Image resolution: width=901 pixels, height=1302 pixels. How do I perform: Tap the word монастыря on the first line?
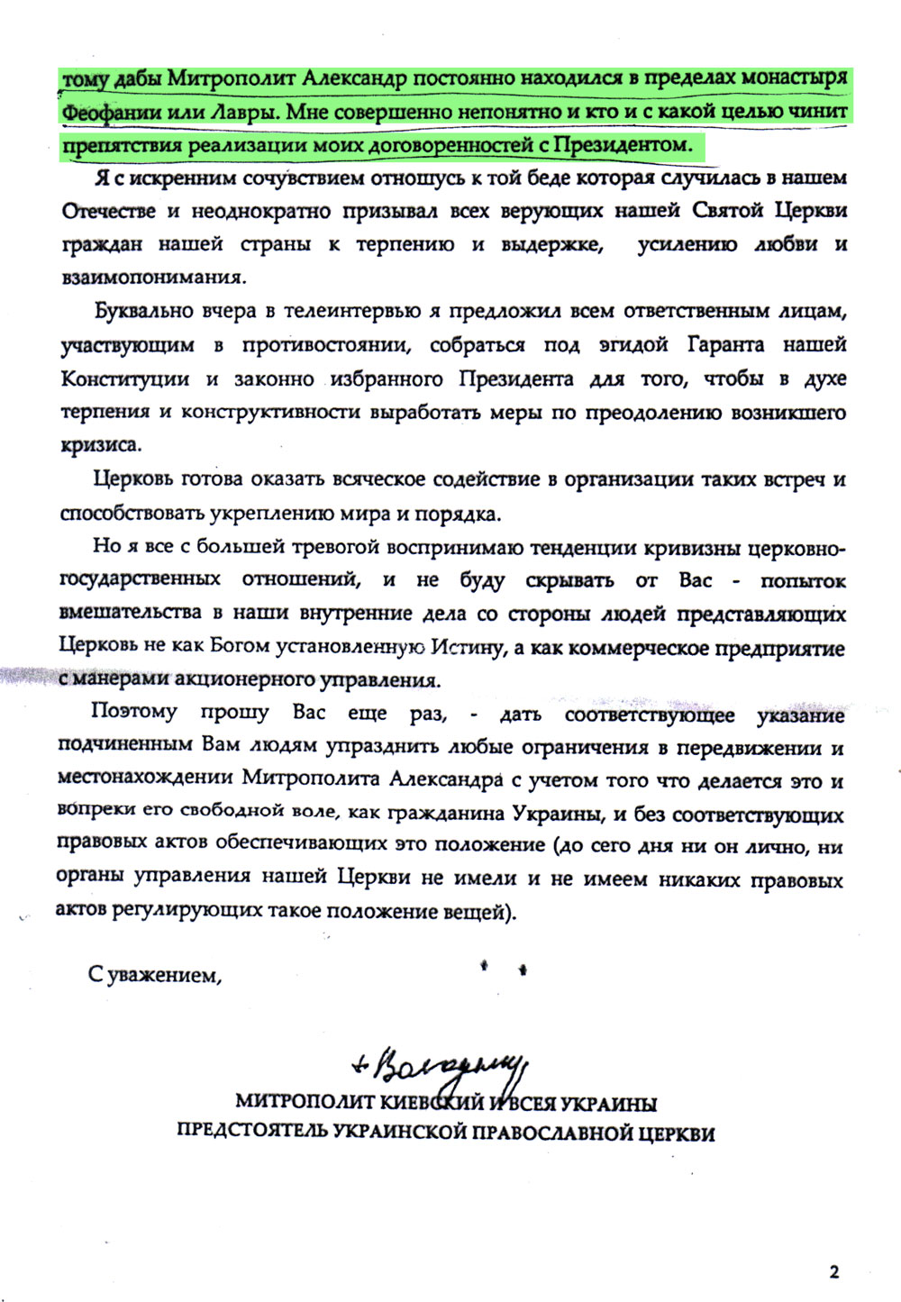[794, 78]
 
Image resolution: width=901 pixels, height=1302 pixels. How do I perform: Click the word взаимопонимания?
[152, 278]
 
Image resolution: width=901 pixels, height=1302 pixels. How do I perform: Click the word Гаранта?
[726, 345]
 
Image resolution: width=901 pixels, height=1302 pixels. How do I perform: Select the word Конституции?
[125, 378]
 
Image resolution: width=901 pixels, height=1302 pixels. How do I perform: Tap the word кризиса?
[100, 446]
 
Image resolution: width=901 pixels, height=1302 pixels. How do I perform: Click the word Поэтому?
[134, 712]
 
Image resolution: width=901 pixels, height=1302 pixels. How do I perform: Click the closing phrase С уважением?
[154, 974]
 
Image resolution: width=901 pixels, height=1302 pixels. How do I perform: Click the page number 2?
[833, 1271]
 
